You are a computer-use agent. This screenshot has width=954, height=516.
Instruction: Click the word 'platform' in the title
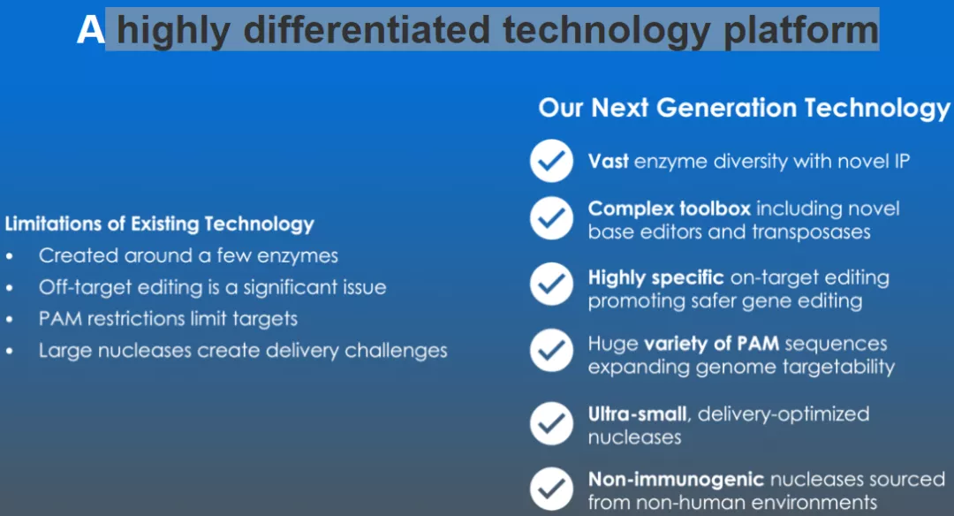[800, 30]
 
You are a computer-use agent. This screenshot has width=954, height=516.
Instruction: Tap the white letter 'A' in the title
[91, 30]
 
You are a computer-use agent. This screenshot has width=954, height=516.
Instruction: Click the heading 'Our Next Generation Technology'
[744, 108]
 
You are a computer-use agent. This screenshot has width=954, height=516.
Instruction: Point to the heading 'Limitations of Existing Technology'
[159, 224]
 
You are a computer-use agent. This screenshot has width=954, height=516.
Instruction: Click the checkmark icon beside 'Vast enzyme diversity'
[551, 161]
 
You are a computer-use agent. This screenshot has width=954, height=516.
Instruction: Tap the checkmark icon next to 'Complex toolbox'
[551, 218]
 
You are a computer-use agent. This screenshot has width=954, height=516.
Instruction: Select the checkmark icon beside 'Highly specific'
[551, 284]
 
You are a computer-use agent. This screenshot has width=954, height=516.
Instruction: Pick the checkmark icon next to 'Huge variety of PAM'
[551, 350]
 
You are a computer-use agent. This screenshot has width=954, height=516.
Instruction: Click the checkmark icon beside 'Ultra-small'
[551, 423]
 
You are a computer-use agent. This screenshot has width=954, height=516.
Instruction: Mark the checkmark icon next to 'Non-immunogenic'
[551, 489]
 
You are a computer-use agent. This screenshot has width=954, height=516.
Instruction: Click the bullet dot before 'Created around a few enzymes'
[9, 257]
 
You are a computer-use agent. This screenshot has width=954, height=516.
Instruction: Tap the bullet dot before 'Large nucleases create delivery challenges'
[9, 352]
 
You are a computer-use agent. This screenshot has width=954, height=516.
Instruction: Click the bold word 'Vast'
[608, 161]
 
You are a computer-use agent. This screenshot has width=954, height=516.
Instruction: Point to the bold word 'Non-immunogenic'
[676, 480]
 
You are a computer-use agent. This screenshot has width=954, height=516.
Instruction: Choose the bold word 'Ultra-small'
[637, 414]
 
